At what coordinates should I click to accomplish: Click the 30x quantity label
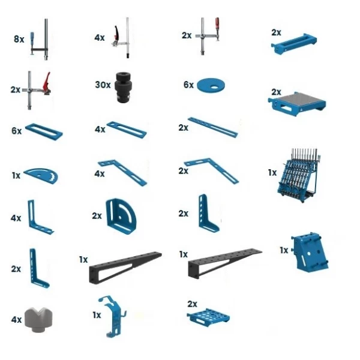pos(103,85)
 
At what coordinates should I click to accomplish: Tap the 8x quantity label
pos(19,39)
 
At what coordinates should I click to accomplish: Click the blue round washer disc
pos(211,85)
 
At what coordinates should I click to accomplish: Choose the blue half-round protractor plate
pos(41,176)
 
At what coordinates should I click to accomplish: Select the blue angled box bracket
pos(310,251)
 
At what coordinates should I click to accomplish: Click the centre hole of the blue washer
pos(215,87)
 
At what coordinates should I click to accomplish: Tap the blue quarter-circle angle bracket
pos(121,216)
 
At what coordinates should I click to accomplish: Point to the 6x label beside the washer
pos(188,85)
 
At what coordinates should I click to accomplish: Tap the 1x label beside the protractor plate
pos(16,175)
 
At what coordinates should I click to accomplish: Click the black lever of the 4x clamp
pos(116,33)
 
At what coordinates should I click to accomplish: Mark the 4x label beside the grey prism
pos(16,319)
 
